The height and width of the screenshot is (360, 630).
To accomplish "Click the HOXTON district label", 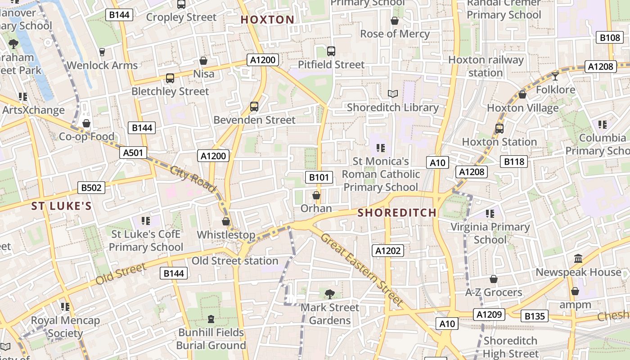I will pyautogui.click(x=267, y=20).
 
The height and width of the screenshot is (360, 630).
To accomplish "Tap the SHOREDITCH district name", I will pyautogui.click(x=397, y=213).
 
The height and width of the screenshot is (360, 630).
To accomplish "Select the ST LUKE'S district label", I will pyautogui.click(x=61, y=206).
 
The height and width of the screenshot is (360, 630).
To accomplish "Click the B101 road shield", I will pyautogui.click(x=319, y=177).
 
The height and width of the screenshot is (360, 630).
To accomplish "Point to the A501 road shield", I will pyautogui.click(x=134, y=153).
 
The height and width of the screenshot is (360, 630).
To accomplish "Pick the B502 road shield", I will pyautogui.click(x=91, y=188).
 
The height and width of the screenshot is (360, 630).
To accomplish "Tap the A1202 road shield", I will pyautogui.click(x=388, y=251).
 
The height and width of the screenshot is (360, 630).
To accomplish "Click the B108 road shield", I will pyautogui.click(x=610, y=37).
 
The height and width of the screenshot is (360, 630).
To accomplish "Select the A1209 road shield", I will pyautogui.click(x=489, y=314).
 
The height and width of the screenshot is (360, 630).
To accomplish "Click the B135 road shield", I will pyautogui.click(x=535, y=316).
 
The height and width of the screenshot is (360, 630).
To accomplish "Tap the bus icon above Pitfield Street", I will pyautogui.click(x=331, y=51).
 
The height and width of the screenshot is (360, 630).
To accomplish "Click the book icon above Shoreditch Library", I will pyautogui.click(x=393, y=94).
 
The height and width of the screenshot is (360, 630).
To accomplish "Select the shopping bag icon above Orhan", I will pyautogui.click(x=316, y=195).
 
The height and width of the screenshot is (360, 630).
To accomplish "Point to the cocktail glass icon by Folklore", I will pyautogui.click(x=555, y=76).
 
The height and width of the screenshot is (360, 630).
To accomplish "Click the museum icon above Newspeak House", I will pyautogui.click(x=578, y=259).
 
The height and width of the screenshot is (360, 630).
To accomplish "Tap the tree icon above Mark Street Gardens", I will pyautogui.click(x=329, y=294).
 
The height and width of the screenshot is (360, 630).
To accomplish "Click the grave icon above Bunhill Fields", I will pyautogui.click(x=211, y=319).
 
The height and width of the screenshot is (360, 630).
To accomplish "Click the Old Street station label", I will pyautogui.click(x=235, y=261).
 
